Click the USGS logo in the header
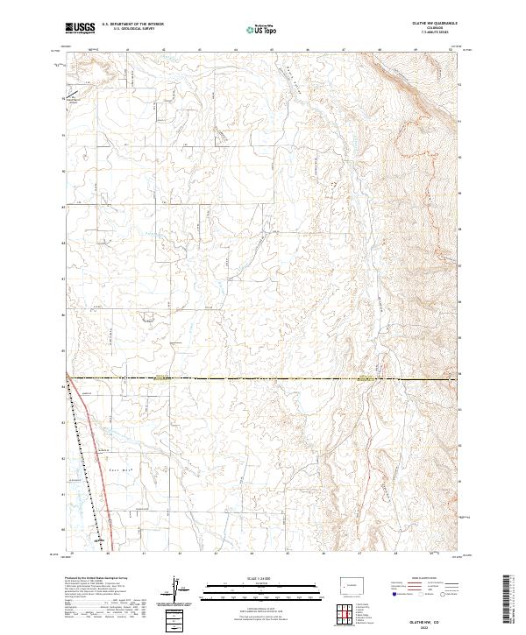coord(80,28)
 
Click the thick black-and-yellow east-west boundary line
coord(263,378)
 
